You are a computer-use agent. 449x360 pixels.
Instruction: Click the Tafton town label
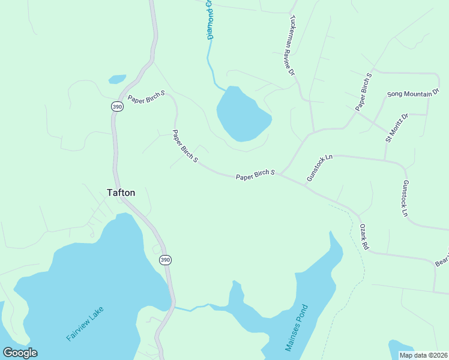click(x=121, y=193)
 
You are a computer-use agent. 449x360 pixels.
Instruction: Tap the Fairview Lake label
click(x=85, y=324)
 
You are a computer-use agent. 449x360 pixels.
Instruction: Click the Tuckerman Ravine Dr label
click(x=292, y=46)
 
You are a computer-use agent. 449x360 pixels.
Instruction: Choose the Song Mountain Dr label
click(x=413, y=94)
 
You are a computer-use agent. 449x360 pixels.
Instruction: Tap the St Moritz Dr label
click(x=396, y=128)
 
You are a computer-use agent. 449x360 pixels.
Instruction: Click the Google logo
click(x=20, y=353)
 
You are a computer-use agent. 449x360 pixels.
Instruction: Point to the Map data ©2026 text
click(x=423, y=355)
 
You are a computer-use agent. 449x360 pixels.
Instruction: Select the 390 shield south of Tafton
click(x=165, y=259)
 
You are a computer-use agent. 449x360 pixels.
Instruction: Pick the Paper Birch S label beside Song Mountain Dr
click(x=364, y=92)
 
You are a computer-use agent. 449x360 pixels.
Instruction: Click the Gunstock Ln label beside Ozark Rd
click(x=405, y=199)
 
